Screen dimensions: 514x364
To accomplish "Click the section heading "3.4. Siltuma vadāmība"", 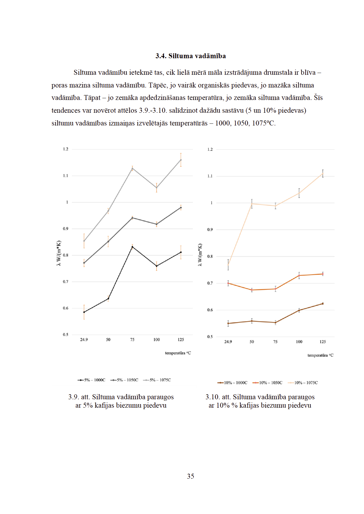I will [x=190, y=56].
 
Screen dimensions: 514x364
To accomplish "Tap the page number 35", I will [x=190, y=476].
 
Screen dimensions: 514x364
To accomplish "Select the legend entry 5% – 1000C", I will [x=91, y=380].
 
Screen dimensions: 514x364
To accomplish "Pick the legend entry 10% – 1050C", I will [x=267, y=383].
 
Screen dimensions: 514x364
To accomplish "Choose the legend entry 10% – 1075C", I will [x=303, y=383].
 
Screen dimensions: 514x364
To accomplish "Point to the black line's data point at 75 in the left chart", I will [x=132, y=247].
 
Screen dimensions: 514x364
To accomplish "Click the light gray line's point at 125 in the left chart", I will [x=181, y=160].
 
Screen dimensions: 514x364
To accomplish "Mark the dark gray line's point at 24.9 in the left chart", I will [x=84, y=263].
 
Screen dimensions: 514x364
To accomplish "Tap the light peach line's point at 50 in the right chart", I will [x=252, y=204].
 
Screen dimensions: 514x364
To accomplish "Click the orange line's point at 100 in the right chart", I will [x=299, y=275].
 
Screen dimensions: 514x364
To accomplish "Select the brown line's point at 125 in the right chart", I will [x=323, y=304].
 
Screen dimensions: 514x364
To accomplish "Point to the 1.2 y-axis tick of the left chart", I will [x=66, y=149].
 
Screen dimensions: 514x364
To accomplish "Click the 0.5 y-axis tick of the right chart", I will [x=210, y=337].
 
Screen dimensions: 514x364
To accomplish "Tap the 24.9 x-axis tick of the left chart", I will [x=84, y=340].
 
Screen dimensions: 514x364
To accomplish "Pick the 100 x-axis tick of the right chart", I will [x=299, y=342].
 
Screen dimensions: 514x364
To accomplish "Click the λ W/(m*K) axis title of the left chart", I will [x=59, y=253].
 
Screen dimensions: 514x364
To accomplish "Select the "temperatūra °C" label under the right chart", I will [x=320, y=355].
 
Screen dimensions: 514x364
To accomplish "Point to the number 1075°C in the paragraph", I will [x=263, y=123].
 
